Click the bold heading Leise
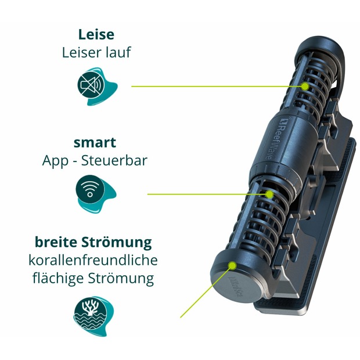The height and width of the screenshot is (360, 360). click(x=96, y=34)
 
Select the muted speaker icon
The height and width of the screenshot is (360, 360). click(x=91, y=85)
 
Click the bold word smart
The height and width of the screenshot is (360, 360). click(x=95, y=143)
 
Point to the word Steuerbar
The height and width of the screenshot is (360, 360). click(x=114, y=160)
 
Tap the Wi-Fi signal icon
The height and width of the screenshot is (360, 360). click(x=90, y=189)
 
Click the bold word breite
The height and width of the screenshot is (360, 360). click(x=56, y=242)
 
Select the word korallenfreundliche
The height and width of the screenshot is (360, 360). click(x=93, y=260)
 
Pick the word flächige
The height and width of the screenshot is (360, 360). click(x=58, y=279)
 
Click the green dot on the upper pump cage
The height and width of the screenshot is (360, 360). click(x=305, y=87)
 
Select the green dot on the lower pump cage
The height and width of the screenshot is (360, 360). click(x=269, y=195)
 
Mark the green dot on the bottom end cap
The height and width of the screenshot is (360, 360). click(x=233, y=265)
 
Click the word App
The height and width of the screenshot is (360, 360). click(x=55, y=161)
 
